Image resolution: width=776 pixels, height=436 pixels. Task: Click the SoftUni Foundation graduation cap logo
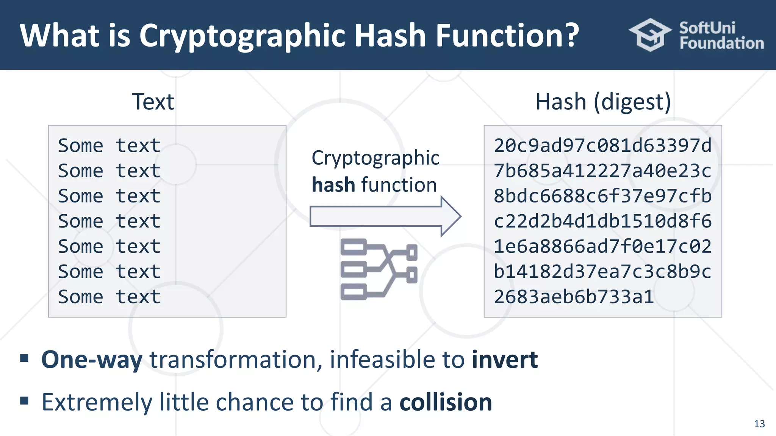[650, 35]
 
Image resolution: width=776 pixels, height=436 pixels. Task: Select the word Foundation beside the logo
[721, 44]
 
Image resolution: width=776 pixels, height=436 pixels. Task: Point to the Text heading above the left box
[153, 102]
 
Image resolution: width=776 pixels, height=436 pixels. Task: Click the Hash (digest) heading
[603, 102]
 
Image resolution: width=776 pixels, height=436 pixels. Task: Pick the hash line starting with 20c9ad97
[602, 146]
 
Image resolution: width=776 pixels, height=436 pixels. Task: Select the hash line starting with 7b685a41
[602, 171]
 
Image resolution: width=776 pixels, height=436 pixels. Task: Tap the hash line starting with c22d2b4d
[602, 221]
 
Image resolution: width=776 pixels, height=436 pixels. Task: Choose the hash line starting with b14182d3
[602, 272]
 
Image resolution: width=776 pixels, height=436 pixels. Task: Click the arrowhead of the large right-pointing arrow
[451, 216]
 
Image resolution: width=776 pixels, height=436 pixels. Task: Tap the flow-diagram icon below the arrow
[379, 269]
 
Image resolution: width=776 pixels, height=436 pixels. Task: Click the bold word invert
[505, 360]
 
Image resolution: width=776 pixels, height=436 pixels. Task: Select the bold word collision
[446, 402]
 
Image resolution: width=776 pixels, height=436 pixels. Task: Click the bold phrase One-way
[92, 360]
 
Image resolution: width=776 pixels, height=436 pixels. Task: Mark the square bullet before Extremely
[25, 400]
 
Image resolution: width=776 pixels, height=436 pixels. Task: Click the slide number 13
[759, 424]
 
